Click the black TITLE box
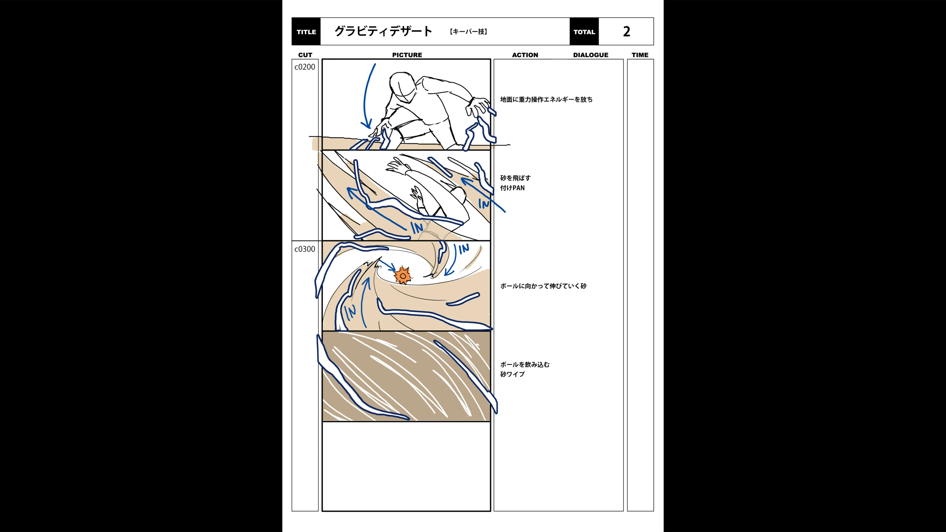pyautogui.click(x=306, y=32)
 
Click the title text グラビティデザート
pyautogui.click(x=383, y=31)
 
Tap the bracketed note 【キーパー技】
pyautogui.click(x=468, y=32)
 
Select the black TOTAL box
pyautogui.click(x=584, y=32)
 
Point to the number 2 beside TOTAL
pyautogui.click(x=626, y=32)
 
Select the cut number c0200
pyautogui.click(x=304, y=67)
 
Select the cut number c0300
pyautogui.click(x=304, y=249)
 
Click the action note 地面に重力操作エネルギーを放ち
pyautogui.click(x=546, y=100)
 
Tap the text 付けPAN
pyautogui.click(x=512, y=188)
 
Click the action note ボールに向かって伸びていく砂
pyautogui.click(x=543, y=286)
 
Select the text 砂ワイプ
pyautogui.click(x=512, y=374)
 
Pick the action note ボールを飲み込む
pyautogui.click(x=525, y=365)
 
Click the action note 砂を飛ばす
pyautogui.click(x=515, y=178)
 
